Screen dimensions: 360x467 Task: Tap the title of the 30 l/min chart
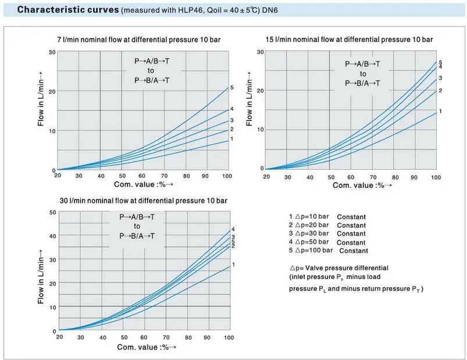coord(143,201)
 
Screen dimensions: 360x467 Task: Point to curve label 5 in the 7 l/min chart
coord(231,88)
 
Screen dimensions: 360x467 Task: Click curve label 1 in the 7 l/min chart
coord(231,139)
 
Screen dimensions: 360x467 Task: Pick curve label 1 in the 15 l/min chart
coord(440,111)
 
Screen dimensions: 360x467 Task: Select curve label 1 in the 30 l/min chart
coord(233,265)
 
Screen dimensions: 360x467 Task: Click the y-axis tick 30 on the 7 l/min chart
coord(52,52)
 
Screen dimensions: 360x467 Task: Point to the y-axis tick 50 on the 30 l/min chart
coord(52,212)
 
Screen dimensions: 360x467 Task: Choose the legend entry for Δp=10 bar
coord(327,216)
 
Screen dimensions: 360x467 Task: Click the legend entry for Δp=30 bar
coord(327,233)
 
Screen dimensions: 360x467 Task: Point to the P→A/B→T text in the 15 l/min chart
coord(362,65)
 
